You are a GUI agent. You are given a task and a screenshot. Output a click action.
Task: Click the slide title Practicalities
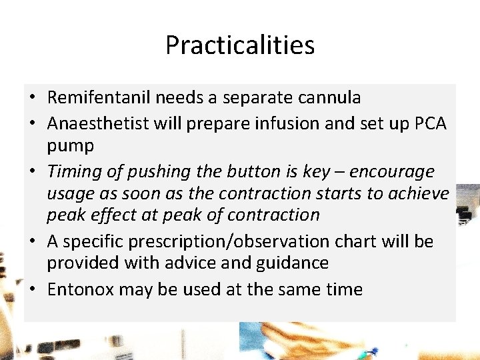click(x=240, y=45)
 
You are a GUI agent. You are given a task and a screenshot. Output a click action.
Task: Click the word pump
click(x=71, y=145)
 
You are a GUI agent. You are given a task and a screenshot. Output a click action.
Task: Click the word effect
click(x=114, y=215)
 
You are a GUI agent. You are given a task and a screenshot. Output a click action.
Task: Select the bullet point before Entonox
click(x=32, y=289)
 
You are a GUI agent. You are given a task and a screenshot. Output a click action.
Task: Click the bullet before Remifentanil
click(x=32, y=97)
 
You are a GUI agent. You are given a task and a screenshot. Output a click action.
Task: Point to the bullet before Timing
click(x=32, y=172)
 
